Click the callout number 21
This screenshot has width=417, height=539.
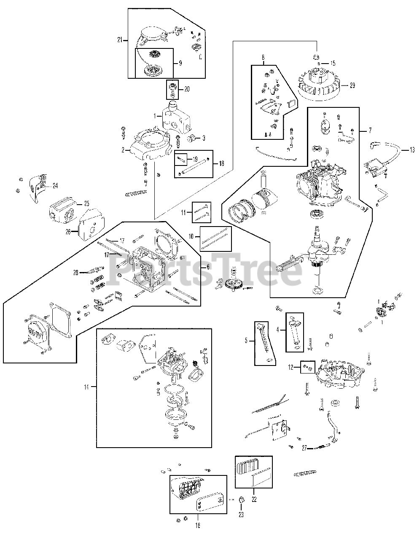point(120,40)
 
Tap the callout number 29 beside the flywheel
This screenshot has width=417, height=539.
point(352,85)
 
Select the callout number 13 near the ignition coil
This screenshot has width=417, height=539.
point(412,149)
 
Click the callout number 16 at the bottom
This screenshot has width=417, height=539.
point(198,525)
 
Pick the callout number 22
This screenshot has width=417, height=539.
point(253,500)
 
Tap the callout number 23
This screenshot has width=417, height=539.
point(241,514)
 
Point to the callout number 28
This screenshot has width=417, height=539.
point(75,273)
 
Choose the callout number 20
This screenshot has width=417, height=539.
point(187,89)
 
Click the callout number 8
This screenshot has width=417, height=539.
point(263,56)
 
